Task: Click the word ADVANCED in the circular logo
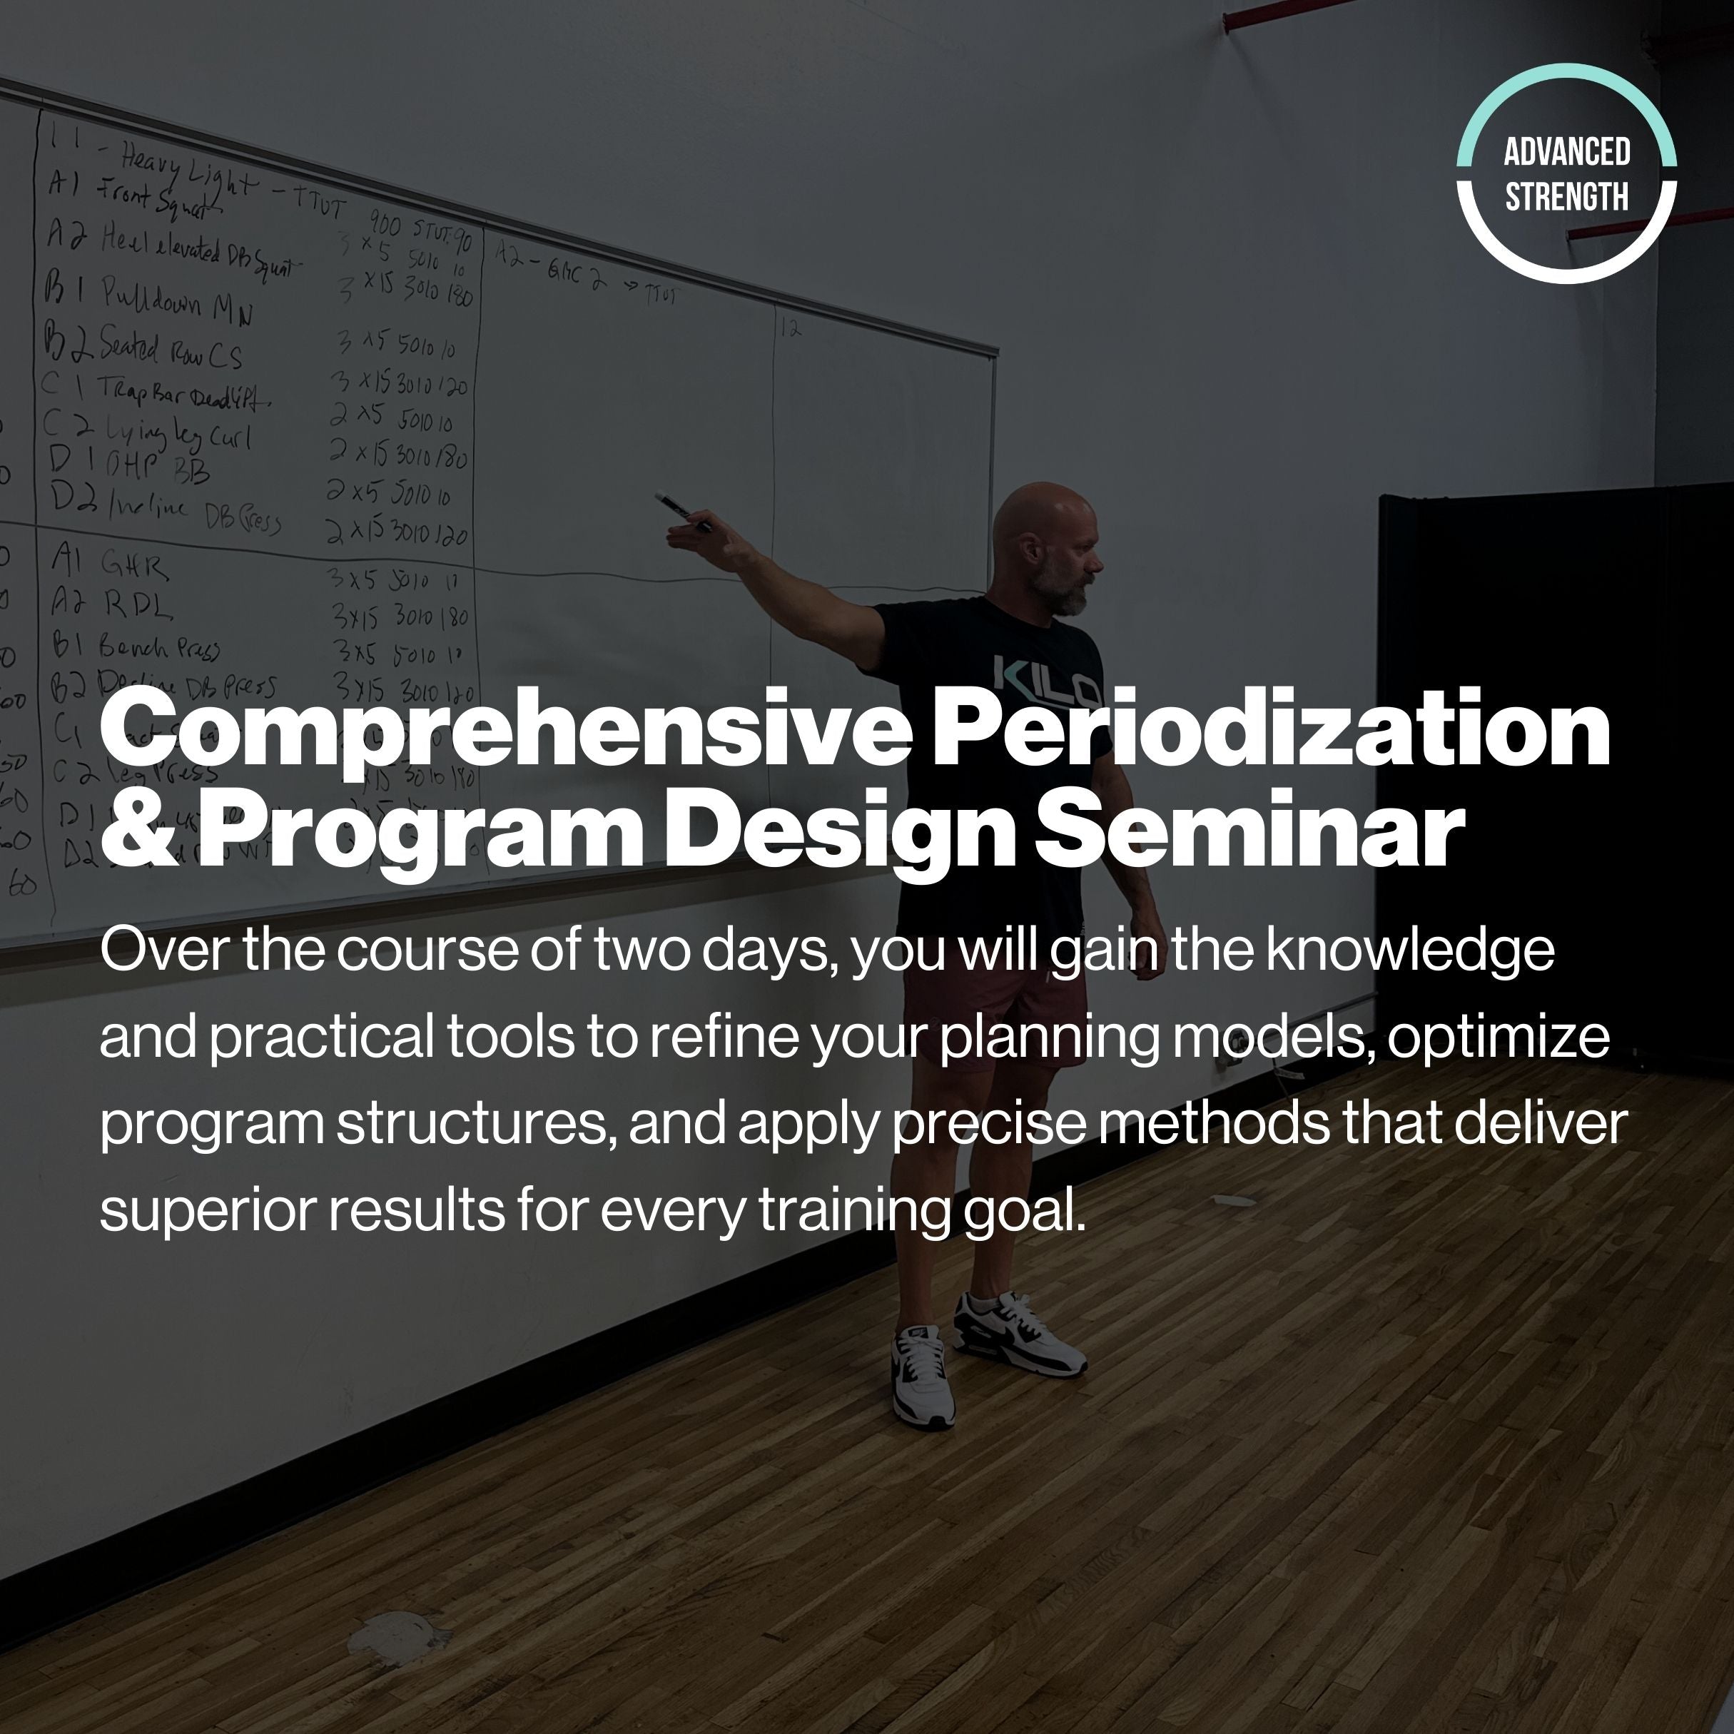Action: (1566, 152)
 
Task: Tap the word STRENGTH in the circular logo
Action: (1566, 196)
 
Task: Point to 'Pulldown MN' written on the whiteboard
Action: (175, 300)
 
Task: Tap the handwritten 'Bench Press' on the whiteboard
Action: (158, 647)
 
